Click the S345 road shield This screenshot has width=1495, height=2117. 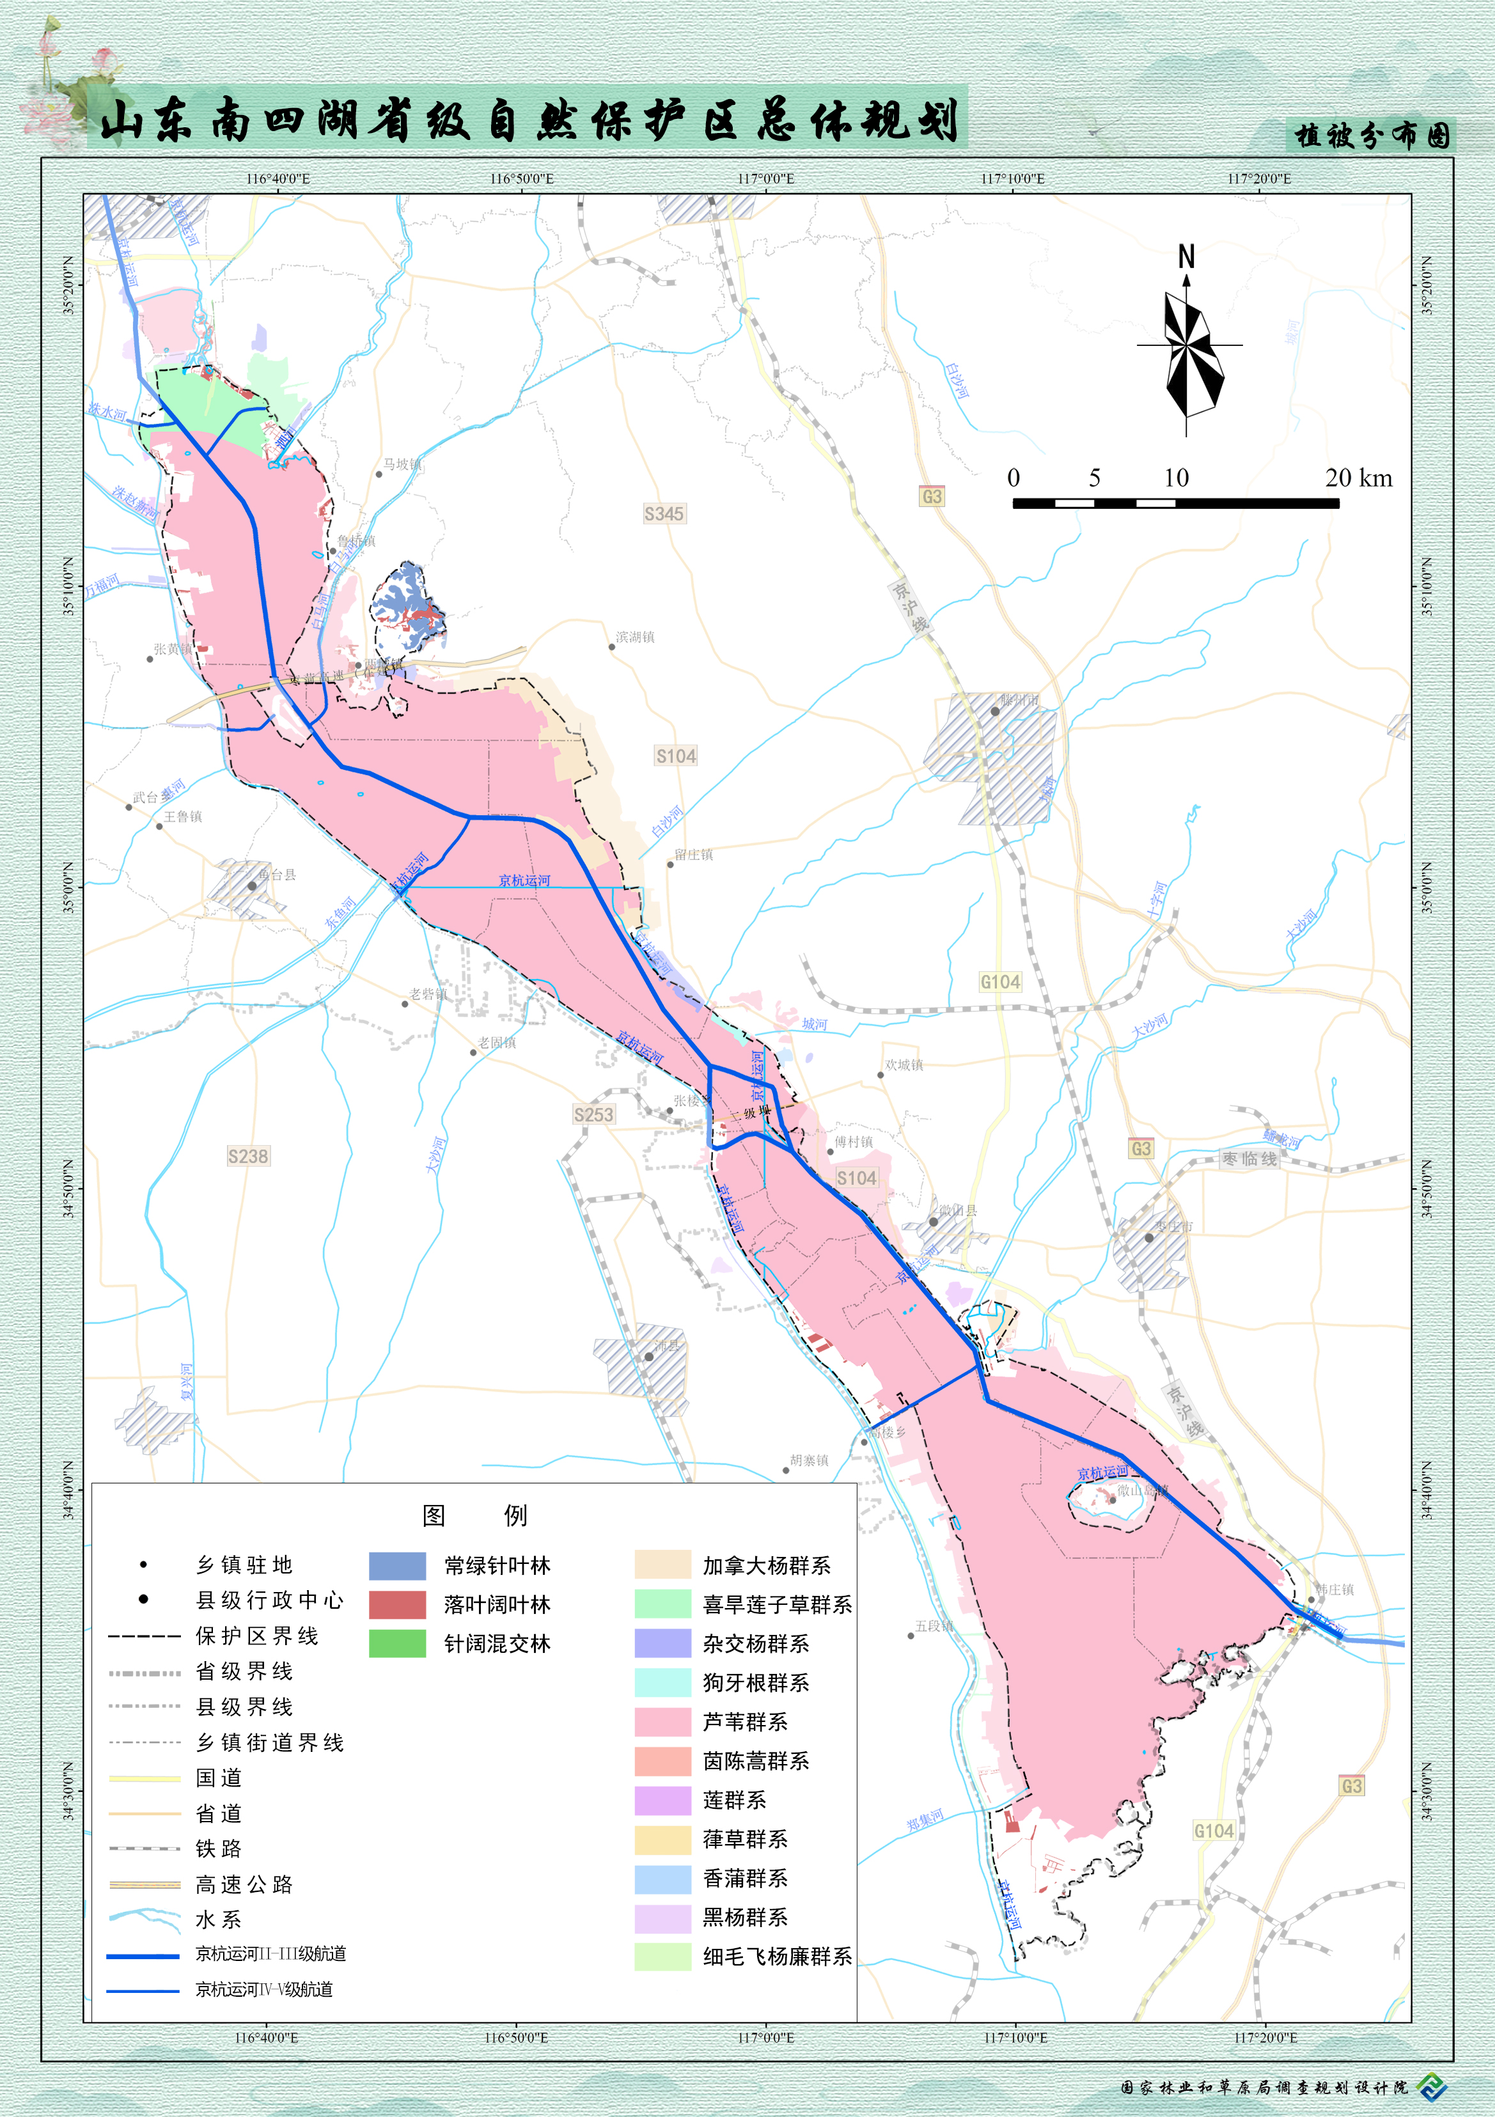click(x=664, y=513)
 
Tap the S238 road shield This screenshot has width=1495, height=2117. click(x=248, y=1156)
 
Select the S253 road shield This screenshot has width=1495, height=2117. click(x=593, y=1114)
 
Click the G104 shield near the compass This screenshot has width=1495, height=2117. click(x=1001, y=982)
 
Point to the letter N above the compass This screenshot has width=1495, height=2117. click(x=1186, y=256)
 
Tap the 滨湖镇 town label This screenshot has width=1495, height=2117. click(x=636, y=637)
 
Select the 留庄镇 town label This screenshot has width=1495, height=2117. click(x=694, y=855)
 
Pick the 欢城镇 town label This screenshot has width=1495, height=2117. click(x=904, y=1065)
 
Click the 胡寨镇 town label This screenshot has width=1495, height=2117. click(x=809, y=1460)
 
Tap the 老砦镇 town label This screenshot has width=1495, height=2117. click(x=428, y=994)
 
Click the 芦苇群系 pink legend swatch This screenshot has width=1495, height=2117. click(x=662, y=1721)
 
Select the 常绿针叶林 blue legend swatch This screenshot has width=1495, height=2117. click(x=398, y=1566)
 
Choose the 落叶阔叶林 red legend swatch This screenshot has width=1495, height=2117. click(x=398, y=1604)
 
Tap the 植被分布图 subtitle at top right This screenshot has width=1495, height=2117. click(x=1372, y=136)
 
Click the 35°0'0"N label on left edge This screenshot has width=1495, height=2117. click(x=69, y=887)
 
